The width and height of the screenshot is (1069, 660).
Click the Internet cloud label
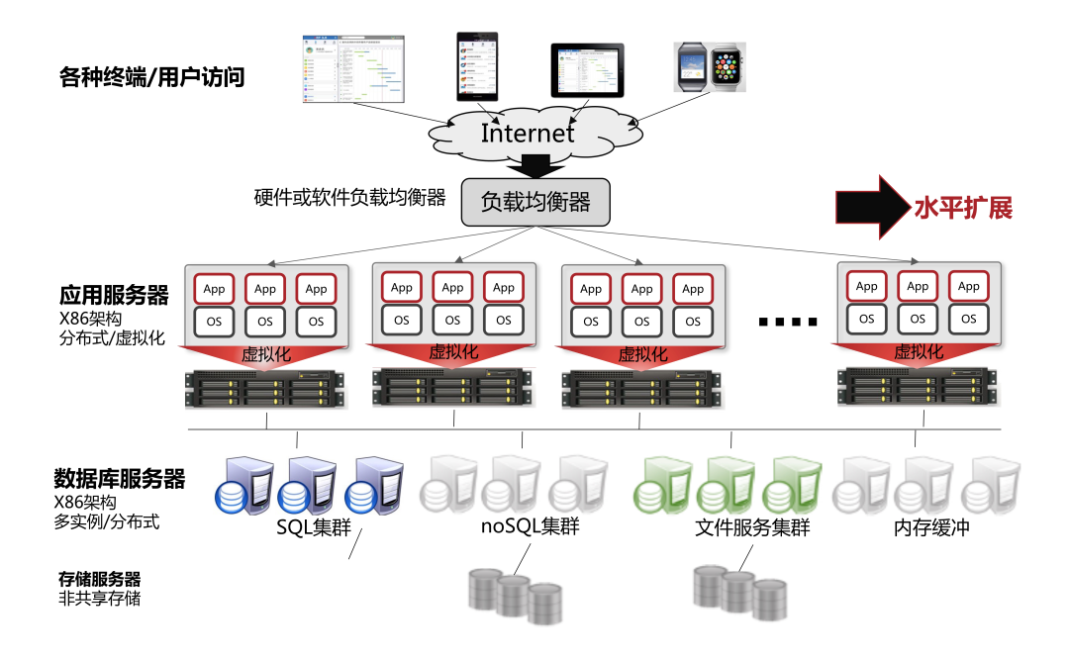[527, 134]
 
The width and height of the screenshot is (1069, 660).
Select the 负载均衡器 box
[535, 203]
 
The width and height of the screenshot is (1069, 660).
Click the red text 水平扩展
[962, 208]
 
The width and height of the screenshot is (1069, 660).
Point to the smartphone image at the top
[477, 66]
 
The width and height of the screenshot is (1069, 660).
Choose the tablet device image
[587, 70]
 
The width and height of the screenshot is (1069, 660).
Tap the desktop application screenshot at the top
[353, 68]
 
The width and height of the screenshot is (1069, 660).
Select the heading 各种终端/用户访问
[151, 76]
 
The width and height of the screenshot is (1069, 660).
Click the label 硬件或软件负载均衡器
[350, 196]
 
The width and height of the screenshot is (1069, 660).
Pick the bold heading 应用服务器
[114, 295]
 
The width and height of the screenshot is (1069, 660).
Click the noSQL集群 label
[530, 527]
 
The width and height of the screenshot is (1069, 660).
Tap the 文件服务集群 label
[753, 528]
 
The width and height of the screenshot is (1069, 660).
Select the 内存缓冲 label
[931, 527]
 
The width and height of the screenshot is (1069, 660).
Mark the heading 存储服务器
[99, 579]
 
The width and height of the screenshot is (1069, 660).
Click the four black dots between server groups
[788, 322]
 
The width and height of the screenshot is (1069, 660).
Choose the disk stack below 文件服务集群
[738, 592]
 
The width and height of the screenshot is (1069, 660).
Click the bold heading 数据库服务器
[119, 480]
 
